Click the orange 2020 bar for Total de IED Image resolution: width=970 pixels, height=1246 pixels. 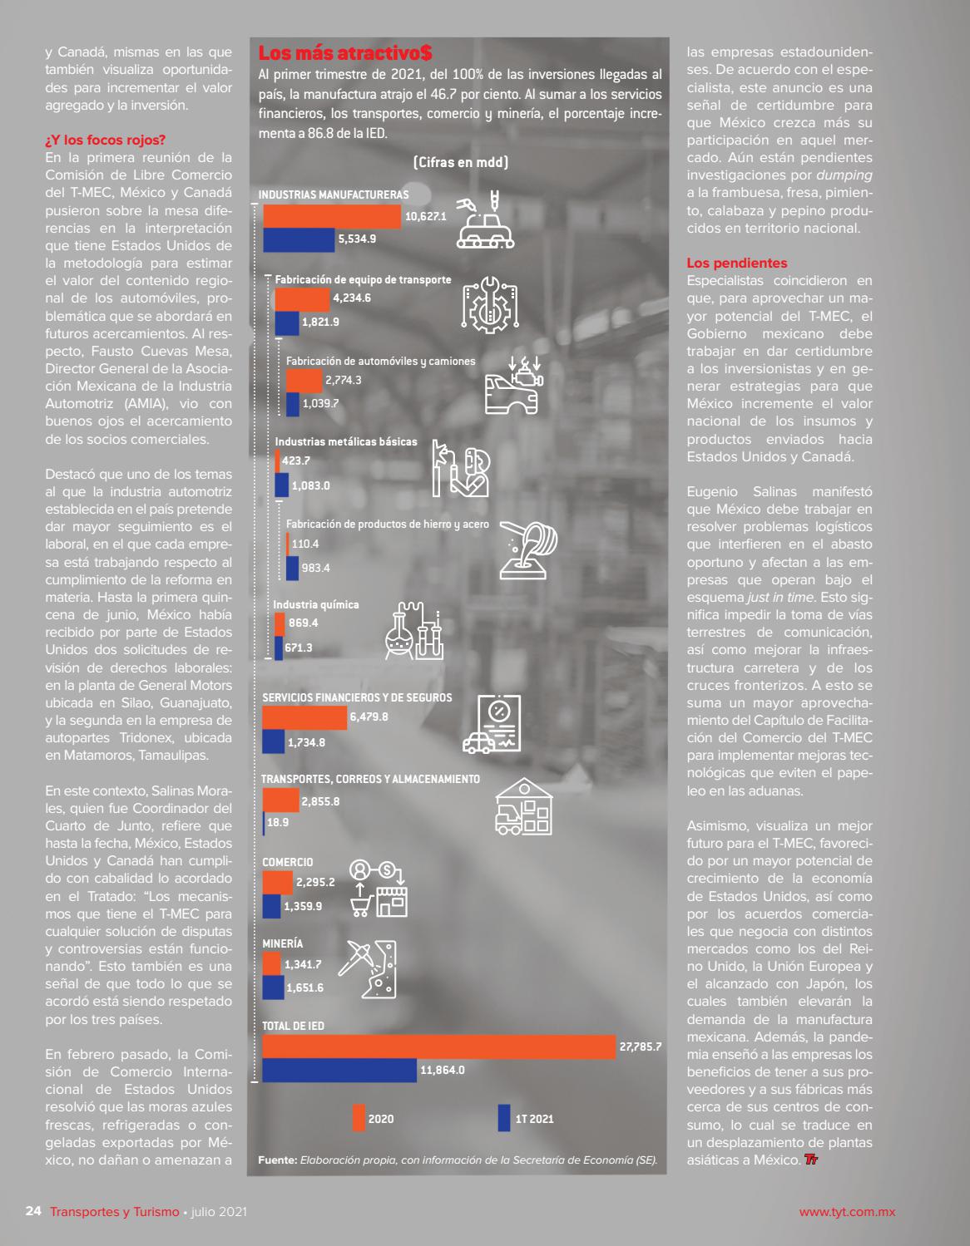[x=438, y=1047]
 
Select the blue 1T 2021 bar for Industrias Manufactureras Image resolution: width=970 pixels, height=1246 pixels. [x=299, y=239]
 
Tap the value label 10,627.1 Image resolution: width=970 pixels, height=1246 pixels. [x=426, y=216]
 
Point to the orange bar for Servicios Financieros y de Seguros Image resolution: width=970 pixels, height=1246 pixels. [x=304, y=718]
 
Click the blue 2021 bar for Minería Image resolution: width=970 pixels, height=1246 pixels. [x=273, y=987]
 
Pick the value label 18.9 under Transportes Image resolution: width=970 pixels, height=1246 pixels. [x=278, y=822]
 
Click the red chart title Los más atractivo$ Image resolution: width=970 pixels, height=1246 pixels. [x=345, y=52]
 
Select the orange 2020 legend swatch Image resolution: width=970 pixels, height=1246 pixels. [x=359, y=1117]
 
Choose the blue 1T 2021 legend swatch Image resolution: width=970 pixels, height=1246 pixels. [x=504, y=1117]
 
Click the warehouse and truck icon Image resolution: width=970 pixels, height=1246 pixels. [x=524, y=807]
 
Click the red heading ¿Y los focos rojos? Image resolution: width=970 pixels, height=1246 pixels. [x=106, y=140]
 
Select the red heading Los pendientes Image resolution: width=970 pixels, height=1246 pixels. [x=737, y=263]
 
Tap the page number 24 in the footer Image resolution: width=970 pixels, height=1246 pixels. [x=33, y=1211]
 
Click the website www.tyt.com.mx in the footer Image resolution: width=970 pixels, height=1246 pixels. [x=847, y=1212]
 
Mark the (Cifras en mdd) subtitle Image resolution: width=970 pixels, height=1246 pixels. [x=461, y=162]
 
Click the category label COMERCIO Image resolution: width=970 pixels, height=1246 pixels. [x=287, y=863]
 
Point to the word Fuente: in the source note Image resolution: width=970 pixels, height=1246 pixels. [x=278, y=1160]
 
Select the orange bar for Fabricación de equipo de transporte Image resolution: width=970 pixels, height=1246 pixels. [x=302, y=299]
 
